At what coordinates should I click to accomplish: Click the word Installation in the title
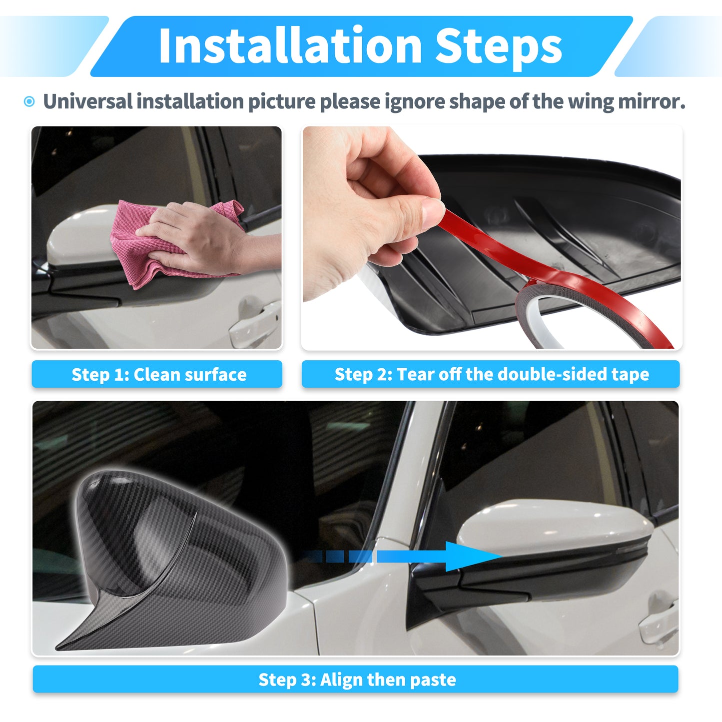coord(290,45)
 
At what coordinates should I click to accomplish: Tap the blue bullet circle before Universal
coord(29,101)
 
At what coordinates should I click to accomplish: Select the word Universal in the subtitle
coord(87,101)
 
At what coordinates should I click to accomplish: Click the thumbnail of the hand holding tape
coord(371,210)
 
